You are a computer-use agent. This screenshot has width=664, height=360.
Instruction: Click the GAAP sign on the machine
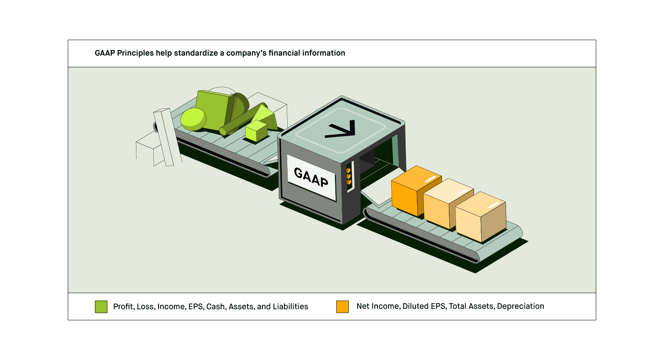tap(312, 177)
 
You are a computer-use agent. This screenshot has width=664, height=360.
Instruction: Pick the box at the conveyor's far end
tap(480, 217)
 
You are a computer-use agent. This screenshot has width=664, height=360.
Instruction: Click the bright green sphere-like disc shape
tap(193, 119)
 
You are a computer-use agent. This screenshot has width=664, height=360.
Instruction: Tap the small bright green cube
tap(256, 131)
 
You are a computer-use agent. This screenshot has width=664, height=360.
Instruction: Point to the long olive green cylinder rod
tap(238, 122)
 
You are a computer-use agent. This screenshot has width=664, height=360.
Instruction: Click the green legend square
tap(101, 307)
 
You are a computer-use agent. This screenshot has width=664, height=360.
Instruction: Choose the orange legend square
tap(342, 307)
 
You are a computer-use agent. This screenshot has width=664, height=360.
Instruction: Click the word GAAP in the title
tap(105, 53)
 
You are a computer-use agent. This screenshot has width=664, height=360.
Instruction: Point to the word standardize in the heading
tap(196, 53)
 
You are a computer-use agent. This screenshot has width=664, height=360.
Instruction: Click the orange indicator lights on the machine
tap(349, 176)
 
